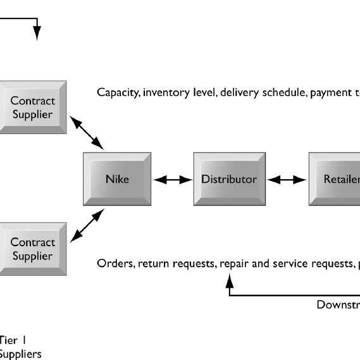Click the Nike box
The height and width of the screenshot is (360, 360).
117,179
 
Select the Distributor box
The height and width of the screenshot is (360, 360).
229,179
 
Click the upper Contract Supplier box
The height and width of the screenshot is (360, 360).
33,108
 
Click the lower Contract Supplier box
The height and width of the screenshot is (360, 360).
33,249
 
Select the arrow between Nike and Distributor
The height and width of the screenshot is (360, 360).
173,180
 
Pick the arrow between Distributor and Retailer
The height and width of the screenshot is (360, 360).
287,180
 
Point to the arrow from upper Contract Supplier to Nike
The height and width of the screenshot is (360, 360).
87,133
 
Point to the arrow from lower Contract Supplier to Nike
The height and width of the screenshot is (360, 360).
87,226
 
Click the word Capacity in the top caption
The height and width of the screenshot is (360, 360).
118,93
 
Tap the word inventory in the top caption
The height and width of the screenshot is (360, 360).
165,93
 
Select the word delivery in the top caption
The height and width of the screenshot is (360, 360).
238,93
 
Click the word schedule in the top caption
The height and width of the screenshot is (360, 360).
284,93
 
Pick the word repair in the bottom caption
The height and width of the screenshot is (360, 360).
235,263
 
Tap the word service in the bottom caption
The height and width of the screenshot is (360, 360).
291,263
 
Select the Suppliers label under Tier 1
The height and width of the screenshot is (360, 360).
21,354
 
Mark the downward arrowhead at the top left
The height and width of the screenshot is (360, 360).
37,34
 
